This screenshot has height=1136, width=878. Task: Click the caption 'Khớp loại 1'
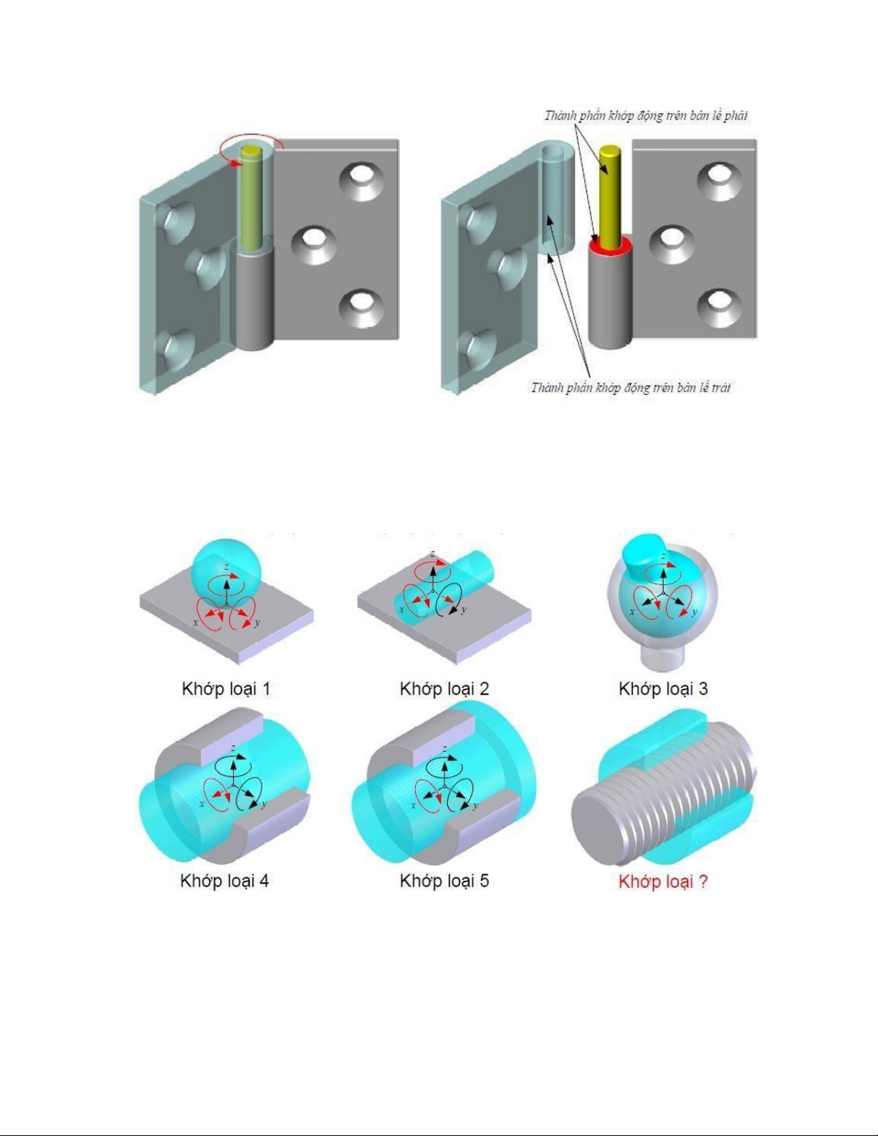[226, 689]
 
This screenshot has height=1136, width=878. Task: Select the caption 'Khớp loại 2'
[444, 689]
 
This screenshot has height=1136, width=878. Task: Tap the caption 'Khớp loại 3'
[663, 689]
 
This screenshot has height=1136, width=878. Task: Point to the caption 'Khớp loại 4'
[224, 881]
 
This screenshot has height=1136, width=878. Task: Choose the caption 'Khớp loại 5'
[444, 881]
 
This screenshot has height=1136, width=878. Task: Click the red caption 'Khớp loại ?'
[663, 882]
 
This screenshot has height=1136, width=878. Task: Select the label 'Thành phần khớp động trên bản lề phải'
[646, 115]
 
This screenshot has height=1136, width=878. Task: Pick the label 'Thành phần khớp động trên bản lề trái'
[631, 387]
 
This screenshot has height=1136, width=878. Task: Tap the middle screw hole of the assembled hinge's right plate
[314, 244]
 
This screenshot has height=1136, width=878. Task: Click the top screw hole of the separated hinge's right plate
[720, 181]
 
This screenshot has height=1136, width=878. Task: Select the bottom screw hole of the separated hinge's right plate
[720, 307]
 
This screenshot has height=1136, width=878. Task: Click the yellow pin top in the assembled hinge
[252, 152]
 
